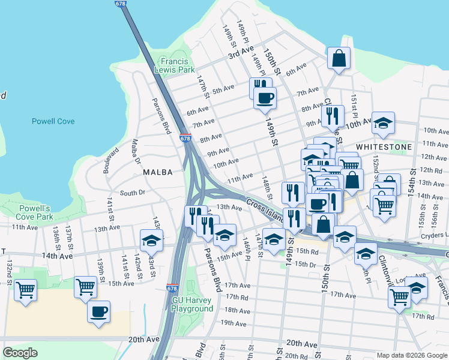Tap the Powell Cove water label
pos(53,121)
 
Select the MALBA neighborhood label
pos(157,172)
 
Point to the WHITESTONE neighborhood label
pos(384,147)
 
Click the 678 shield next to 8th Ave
pos(185,139)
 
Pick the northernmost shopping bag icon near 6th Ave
pos(339,59)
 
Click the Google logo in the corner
pos(20,352)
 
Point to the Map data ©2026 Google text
pos(411,355)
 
